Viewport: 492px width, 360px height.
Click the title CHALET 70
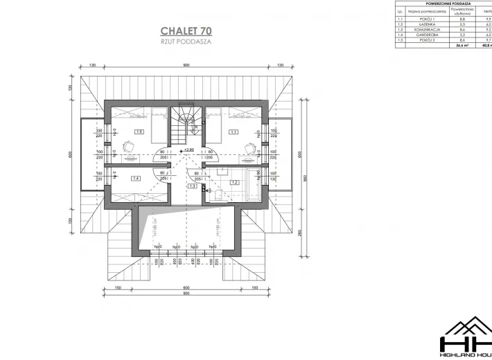tap(186, 30)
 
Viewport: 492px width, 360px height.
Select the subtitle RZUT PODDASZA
tap(186, 42)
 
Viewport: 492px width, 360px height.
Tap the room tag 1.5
tap(139, 132)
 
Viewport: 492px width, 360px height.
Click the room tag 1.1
tap(234, 132)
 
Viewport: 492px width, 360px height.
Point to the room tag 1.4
tap(136, 179)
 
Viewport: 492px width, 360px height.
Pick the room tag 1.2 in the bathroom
tap(234, 182)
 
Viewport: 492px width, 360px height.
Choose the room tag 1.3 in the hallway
tap(191, 186)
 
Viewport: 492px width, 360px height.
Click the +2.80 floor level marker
tap(187, 150)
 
